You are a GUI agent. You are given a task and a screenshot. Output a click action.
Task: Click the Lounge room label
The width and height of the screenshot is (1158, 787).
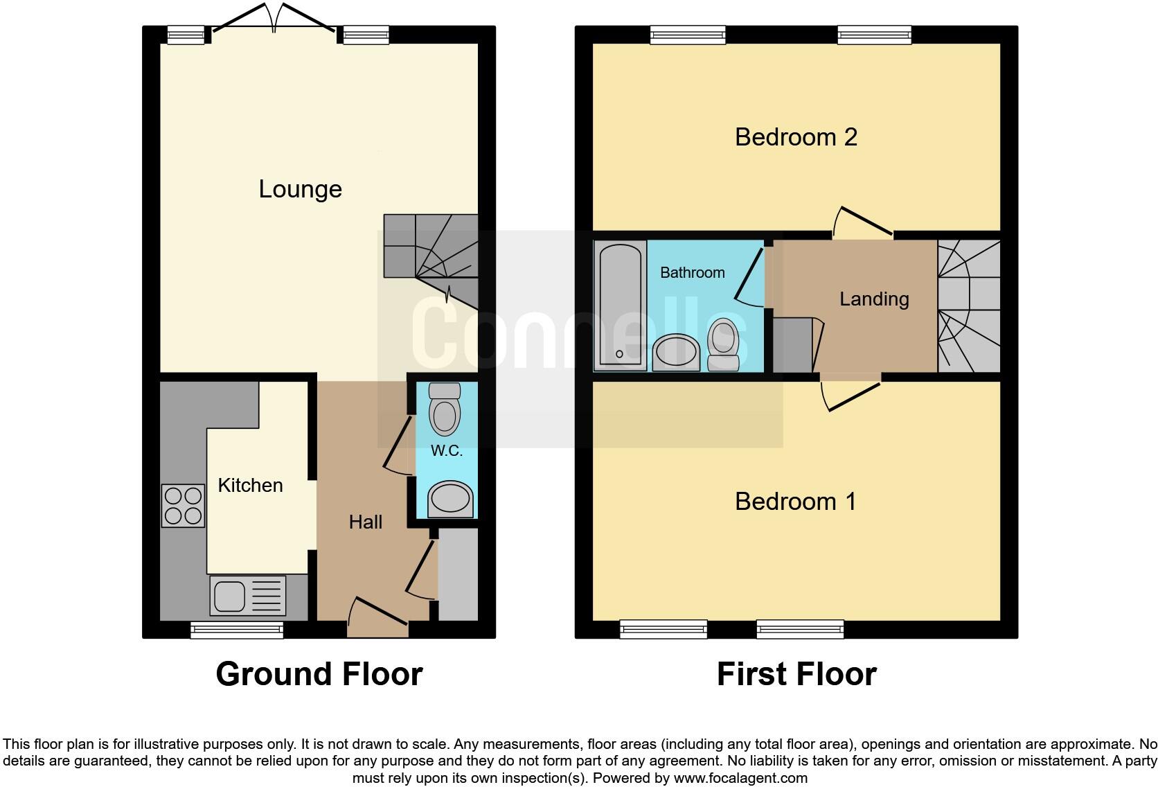point(300,189)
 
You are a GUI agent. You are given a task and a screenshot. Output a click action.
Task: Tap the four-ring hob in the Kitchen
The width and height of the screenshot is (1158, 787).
point(184,506)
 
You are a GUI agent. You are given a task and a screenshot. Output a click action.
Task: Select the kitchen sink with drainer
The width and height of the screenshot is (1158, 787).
point(247,595)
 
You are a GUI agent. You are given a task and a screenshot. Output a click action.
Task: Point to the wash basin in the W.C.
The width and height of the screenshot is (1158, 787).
point(450,499)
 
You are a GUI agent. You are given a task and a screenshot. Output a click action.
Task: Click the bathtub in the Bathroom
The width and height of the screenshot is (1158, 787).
point(620,305)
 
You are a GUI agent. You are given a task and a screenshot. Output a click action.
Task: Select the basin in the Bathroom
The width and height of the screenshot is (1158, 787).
point(676,351)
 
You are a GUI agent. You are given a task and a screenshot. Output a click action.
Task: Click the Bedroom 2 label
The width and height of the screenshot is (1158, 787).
point(796,137)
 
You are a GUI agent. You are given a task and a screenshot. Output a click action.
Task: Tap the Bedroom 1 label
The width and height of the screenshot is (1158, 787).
point(795,501)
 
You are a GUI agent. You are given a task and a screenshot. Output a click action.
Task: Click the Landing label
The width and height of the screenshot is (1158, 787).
point(874,299)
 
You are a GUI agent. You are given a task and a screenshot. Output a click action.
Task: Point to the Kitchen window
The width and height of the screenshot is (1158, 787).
point(238,629)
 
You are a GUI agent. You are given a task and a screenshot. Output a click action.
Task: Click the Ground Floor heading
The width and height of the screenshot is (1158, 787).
point(319,674)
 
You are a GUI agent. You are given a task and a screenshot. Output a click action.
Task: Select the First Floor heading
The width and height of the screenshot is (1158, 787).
point(796,674)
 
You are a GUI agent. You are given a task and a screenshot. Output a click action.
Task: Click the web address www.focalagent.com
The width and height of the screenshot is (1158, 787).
point(740,778)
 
